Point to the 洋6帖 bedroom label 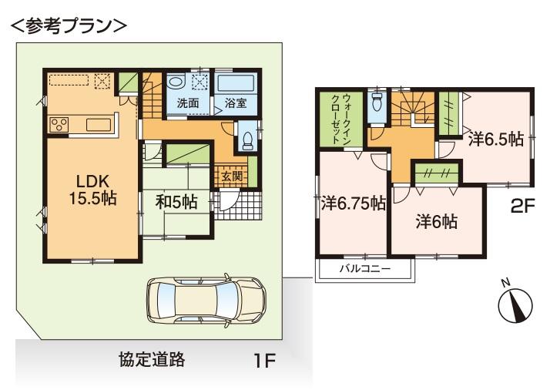[437, 221]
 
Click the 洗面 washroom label [188, 103]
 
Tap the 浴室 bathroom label [236, 103]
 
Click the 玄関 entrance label [231, 175]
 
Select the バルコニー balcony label [365, 269]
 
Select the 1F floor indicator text [265, 360]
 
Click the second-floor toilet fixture [377, 107]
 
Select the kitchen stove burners [59, 124]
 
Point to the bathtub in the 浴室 [236, 84]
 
